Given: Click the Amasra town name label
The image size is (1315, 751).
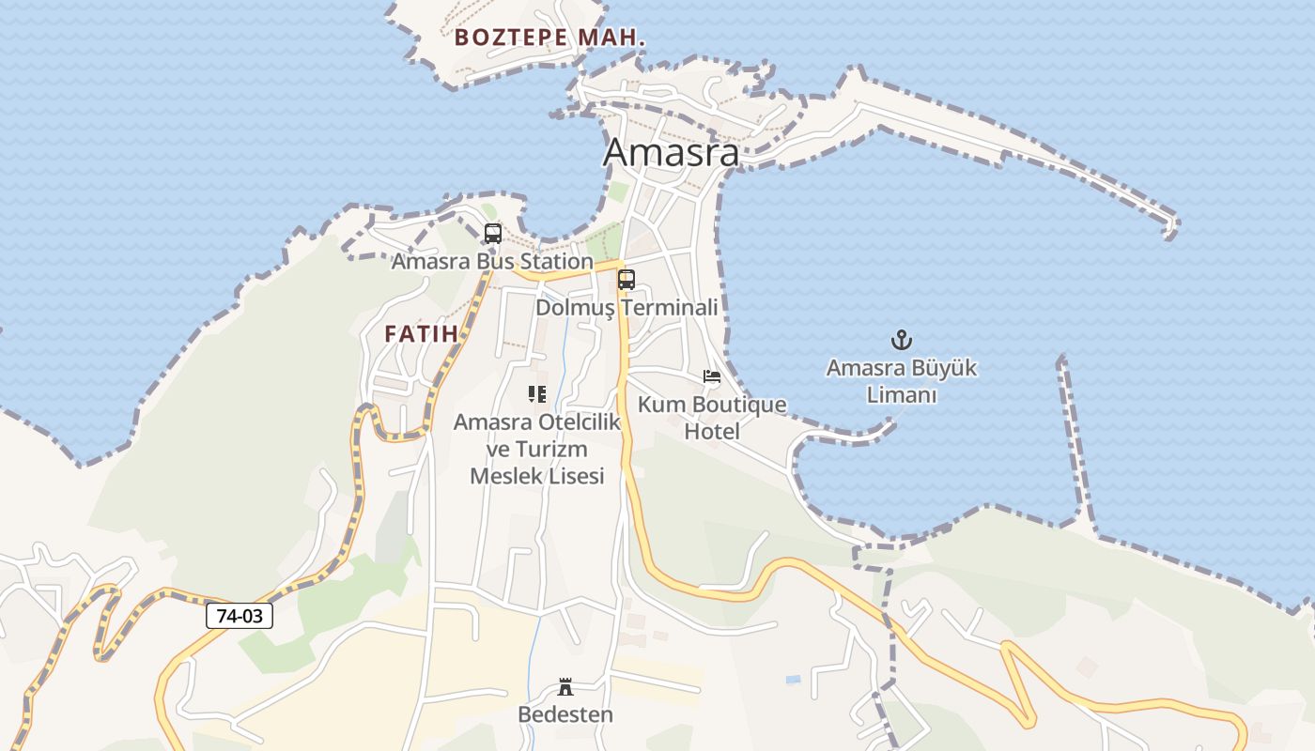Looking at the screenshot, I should pyautogui.click(x=671, y=152).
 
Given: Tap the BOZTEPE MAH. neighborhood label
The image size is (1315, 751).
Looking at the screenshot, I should pyautogui.click(x=550, y=38).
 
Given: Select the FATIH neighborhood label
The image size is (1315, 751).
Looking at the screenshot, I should pyautogui.click(x=421, y=333).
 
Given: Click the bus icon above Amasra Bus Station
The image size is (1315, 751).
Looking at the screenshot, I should pyautogui.click(x=493, y=234).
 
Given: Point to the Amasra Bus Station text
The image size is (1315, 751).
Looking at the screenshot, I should pyautogui.click(x=491, y=261).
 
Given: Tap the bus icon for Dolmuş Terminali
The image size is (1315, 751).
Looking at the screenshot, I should pyautogui.click(x=627, y=280).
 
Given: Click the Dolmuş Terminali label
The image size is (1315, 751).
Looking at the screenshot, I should pyautogui.click(x=627, y=307).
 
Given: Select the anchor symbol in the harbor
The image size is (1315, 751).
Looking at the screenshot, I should pyautogui.click(x=902, y=340).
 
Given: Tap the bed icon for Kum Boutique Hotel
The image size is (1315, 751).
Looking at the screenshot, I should pyautogui.click(x=712, y=377).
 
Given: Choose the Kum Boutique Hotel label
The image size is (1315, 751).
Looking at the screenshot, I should pyautogui.click(x=712, y=418).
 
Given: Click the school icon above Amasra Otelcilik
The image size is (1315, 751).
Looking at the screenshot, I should pyautogui.click(x=537, y=394).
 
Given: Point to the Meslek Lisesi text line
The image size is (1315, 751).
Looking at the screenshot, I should pyautogui.click(x=536, y=476).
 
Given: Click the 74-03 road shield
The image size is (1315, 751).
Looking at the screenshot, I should pyautogui.click(x=240, y=616).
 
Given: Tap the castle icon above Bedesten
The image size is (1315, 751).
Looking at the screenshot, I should pyautogui.click(x=565, y=687).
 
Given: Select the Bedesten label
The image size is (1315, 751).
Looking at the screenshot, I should pyautogui.click(x=565, y=714).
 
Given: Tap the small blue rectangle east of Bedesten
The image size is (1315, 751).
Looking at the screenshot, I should pyautogui.click(x=794, y=679).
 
